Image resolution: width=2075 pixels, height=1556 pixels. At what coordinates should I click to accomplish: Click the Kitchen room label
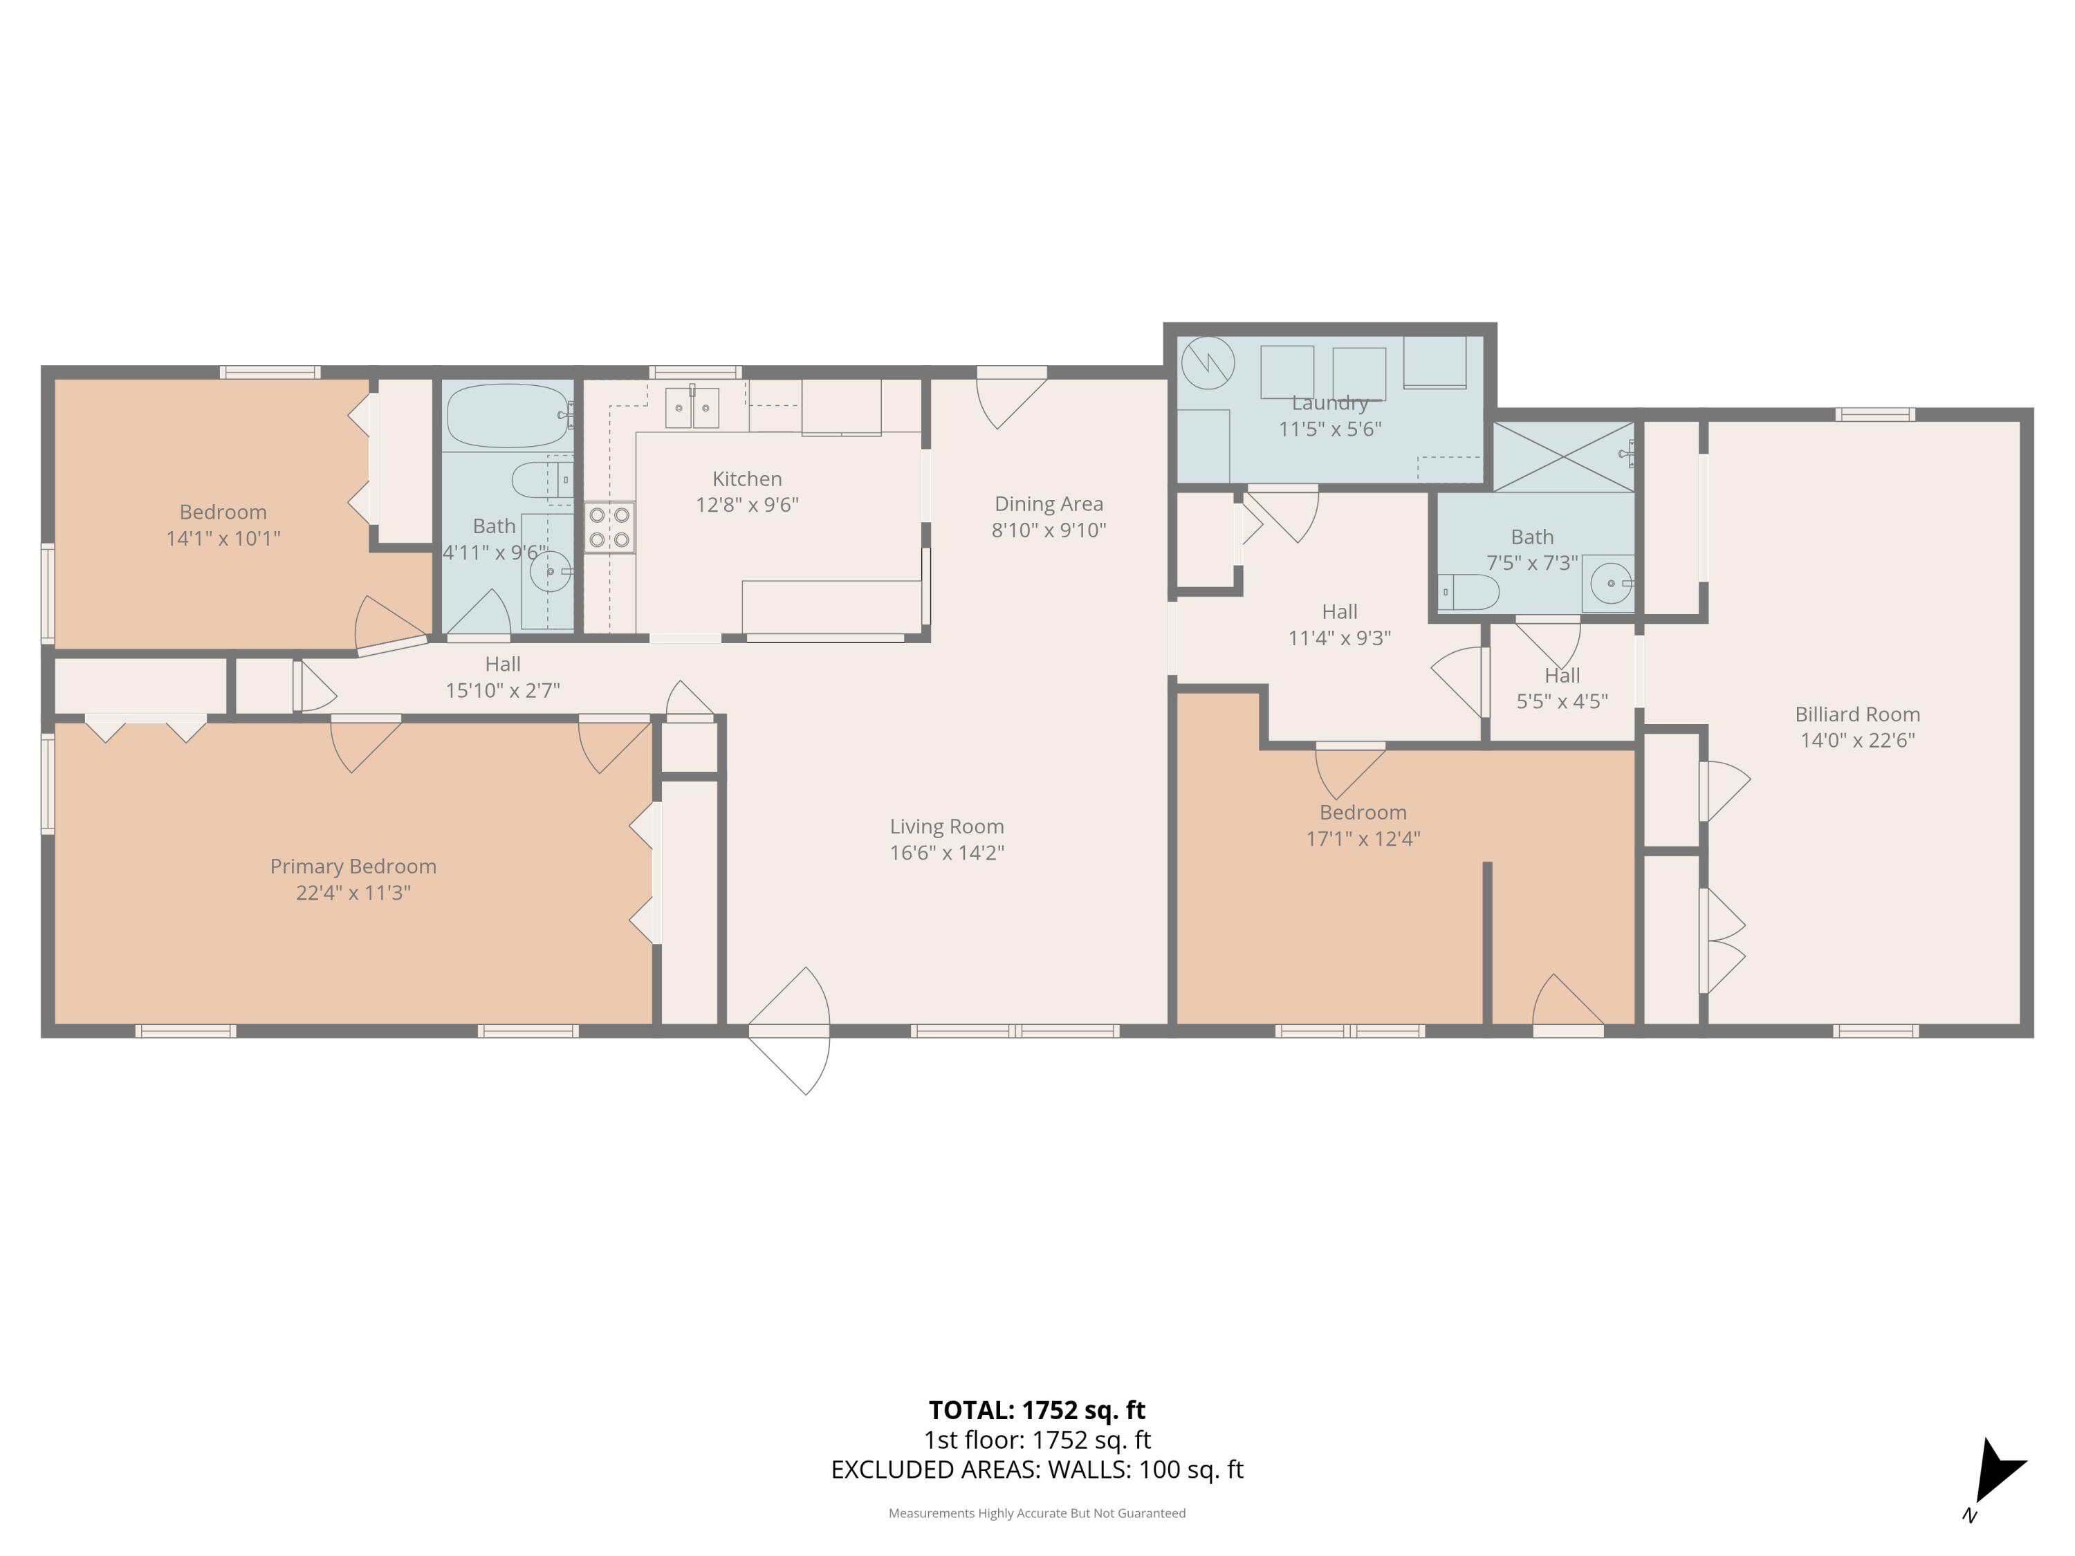[x=747, y=479]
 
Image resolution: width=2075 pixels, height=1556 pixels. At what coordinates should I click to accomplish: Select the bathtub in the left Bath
[x=508, y=416]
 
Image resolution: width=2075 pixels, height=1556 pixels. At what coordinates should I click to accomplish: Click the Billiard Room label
[x=1857, y=714]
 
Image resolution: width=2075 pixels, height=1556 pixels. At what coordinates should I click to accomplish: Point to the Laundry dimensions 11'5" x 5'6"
[x=1330, y=429]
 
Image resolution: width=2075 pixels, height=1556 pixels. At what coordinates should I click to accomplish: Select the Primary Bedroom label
[x=353, y=867]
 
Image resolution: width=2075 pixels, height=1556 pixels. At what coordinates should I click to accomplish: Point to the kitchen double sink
[x=692, y=408]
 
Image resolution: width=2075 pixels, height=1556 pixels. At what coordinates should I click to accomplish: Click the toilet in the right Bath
[x=1469, y=592]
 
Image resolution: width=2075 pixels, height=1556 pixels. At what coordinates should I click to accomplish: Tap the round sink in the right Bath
[x=1611, y=584]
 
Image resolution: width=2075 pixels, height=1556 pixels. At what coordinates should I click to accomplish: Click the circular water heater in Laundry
[x=1207, y=363]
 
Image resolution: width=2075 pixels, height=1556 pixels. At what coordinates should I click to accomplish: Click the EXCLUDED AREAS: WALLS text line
[x=1037, y=1469]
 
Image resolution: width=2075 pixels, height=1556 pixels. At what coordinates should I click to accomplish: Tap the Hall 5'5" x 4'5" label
[x=1562, y=688]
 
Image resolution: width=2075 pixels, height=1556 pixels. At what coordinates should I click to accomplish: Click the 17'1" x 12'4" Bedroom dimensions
[x=1363, y=838]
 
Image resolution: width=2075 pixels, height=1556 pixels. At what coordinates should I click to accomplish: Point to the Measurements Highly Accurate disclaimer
[x=1037, y=1513]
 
